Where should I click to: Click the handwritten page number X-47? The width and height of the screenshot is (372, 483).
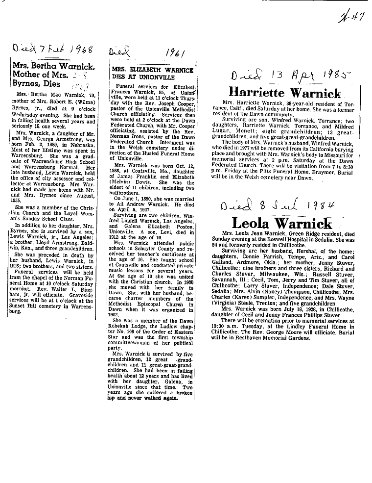tap(352, 18)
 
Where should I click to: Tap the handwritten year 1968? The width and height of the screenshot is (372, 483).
tap(74, 51)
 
